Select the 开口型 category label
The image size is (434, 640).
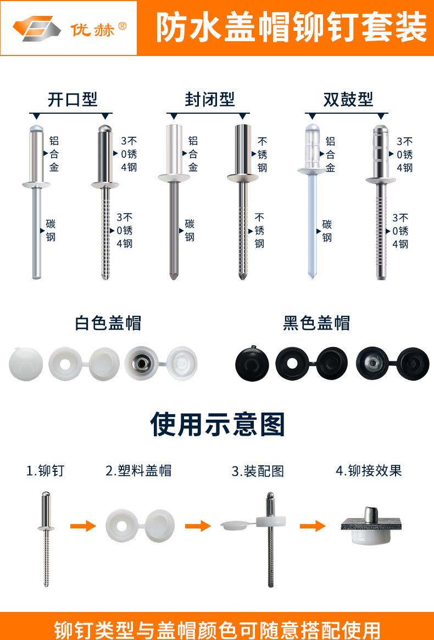(72, 99)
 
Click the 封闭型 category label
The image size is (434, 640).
(209, 99)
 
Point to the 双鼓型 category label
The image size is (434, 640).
(348, 99)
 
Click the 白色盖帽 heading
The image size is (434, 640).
(108, 322)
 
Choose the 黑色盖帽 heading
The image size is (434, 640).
(316, 322)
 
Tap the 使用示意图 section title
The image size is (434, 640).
(218, 424)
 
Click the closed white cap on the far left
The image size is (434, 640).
(26, 363)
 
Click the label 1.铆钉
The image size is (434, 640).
(46, 471)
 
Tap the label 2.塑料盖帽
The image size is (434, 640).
(138, 471)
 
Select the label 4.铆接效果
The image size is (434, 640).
(369, 471)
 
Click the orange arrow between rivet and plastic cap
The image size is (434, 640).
(83, 526)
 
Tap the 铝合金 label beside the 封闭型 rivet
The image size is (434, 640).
(193, 154)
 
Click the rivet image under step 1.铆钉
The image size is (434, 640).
(46, 538)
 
